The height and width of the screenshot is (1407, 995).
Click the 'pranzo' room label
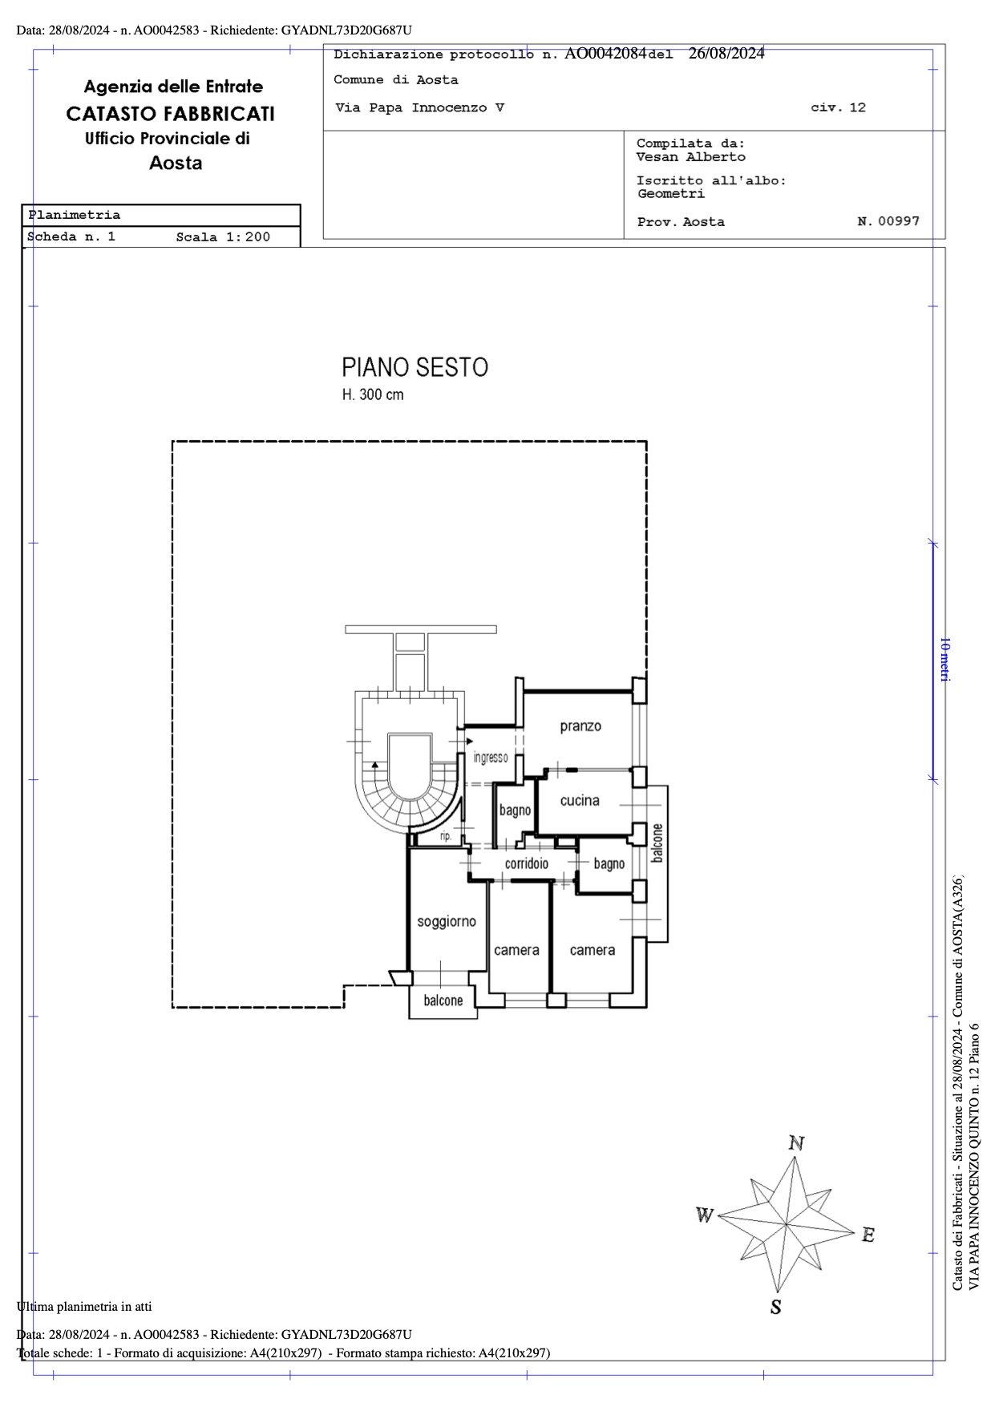click(580, 726)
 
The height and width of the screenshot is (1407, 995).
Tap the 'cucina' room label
click(580, 800)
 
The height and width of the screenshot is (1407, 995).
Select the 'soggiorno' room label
click(447, 922)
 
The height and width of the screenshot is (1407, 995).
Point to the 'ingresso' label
click(491, 757)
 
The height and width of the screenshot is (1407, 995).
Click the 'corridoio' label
click(527, 863)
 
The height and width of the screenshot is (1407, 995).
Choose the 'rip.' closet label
click(446, 836)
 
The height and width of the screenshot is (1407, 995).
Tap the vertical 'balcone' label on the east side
click(657, 843)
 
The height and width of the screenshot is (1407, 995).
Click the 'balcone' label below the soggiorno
click(443, 1001)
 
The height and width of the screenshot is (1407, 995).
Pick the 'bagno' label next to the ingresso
click(515, 811)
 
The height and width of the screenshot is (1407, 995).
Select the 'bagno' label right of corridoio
click(609, 863)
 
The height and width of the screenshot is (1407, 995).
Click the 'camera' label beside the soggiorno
click(516, 950)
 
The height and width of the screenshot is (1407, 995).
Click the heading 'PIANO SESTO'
click(415, 367)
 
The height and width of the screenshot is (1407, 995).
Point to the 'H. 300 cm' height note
click(373, 394)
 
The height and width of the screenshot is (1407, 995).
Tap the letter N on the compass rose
click(796, 1143)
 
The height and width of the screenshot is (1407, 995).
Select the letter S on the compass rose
click(775, 1308)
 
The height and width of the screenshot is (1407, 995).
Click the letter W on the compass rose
click(705, 1216)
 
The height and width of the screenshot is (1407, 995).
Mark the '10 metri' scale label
click(944, 659)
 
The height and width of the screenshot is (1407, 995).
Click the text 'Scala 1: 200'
click(223, 237)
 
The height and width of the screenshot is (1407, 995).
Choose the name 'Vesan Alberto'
click(690, 157)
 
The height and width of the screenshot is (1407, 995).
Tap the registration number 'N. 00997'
click(888, 221)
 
